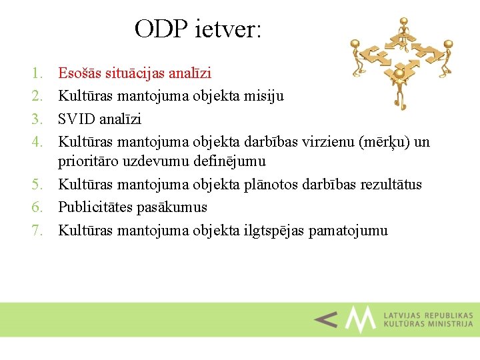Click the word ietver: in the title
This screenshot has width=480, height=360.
pos(229,29)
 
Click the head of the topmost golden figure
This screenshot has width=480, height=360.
pos(402,24)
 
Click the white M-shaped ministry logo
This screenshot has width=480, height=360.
pos(361,319)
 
